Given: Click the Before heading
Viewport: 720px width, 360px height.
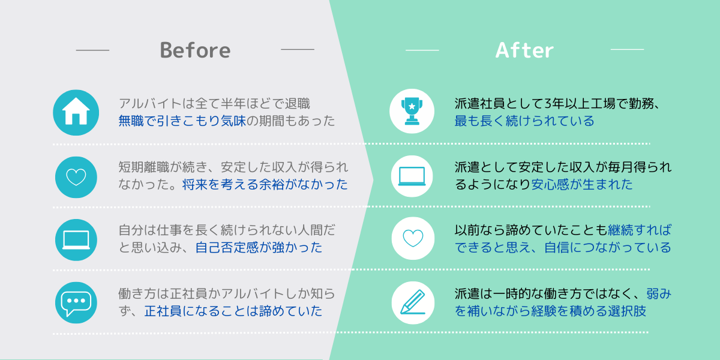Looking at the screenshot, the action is coord(195,50).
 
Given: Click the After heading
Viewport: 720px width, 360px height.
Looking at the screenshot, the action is coord(524,50).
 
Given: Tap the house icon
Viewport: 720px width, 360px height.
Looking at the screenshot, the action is coord(76,113).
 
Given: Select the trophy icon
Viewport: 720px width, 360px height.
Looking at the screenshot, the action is coord(412,111).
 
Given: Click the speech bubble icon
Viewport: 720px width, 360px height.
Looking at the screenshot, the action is coord(76,303).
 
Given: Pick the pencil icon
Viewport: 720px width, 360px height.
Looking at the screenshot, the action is coord(413,303).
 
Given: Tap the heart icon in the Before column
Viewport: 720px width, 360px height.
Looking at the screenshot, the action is coord(76,177).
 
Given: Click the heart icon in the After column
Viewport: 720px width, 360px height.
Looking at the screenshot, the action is coord(413,239).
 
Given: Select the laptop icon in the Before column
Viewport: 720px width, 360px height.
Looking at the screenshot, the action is coord(76,240).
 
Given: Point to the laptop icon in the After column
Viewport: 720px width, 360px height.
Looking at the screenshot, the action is coord(412,176).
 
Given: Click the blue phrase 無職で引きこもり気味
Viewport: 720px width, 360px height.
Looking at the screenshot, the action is coord(182,121).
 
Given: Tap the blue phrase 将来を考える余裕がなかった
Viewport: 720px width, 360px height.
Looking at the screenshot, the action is coord(265,185).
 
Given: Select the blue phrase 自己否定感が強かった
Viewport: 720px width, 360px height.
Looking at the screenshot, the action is coord(259,247).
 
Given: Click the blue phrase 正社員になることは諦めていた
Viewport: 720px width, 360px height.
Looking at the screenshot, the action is coord(233,311).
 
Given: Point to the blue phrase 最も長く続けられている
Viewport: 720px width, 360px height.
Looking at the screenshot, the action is coord(524,121).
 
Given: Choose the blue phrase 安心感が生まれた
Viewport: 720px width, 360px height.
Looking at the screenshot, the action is coord(582,185).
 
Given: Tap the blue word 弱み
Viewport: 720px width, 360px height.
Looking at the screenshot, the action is coord(659,293).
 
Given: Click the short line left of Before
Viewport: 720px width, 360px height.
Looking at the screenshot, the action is coord(92,50).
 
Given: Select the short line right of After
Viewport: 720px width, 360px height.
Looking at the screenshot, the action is coord(627,49).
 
